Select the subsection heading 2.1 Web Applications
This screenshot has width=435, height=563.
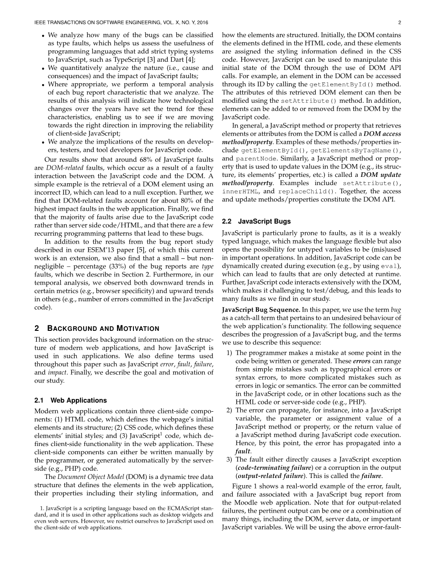click(71, 400)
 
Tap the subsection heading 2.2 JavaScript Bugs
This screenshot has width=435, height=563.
click(256, 221)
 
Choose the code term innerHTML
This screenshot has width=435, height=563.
click(239, 191)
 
